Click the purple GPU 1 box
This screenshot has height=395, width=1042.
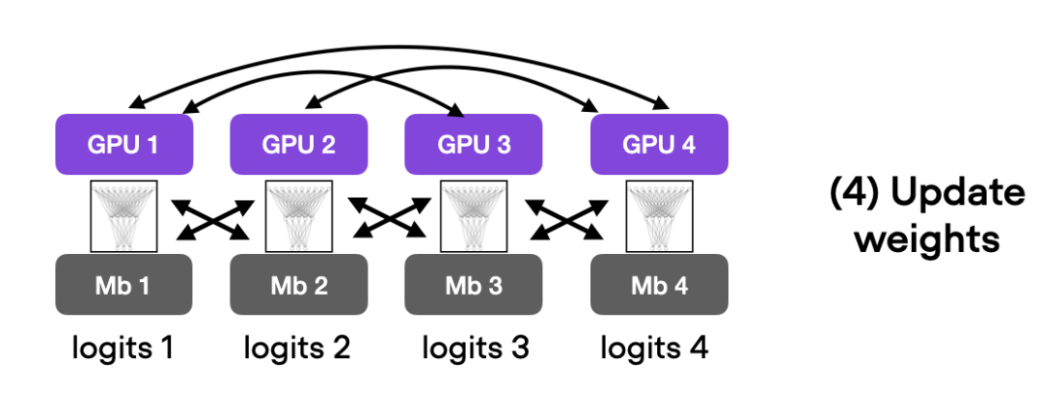[x=124, y=145]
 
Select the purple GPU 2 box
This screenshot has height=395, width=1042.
[x=298, y=145]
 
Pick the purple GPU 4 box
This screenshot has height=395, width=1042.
[x=659, y=145]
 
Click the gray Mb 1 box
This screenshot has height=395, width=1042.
[x=124, y=285]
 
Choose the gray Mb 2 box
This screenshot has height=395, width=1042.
[x=298, y=285]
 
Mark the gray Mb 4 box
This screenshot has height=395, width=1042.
[x=659, y=285]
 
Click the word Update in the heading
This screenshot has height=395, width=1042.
[x=956, y=194]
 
